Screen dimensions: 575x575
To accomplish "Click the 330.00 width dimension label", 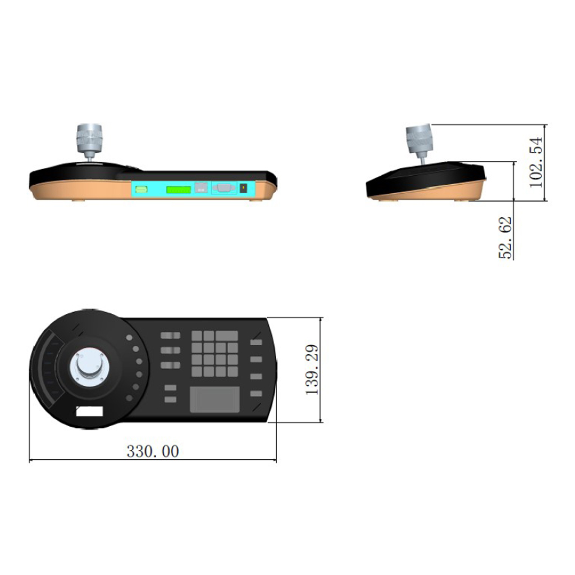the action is pyautogui.click(x=153, y=451).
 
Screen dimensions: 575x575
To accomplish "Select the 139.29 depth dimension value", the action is pyautogui.click(x=312, y=369).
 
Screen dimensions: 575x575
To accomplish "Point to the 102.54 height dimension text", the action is pyautogui.click(x=536, y=162).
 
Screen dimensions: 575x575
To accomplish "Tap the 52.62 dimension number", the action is pyautogui.click(x=505, y=238).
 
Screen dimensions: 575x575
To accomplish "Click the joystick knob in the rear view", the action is pyautogui.click(x=89, y=138).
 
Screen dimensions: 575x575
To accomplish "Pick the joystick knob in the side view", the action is pyautogui.click(x=419, y=138).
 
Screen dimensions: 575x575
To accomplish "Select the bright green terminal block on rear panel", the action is pyautogui.click(x=178, y=190).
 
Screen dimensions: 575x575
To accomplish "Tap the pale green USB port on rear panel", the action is pyautogui.click(x=141, y=189).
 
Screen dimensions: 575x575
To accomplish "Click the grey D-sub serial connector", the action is pyautogui.click(x=223, y=188).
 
